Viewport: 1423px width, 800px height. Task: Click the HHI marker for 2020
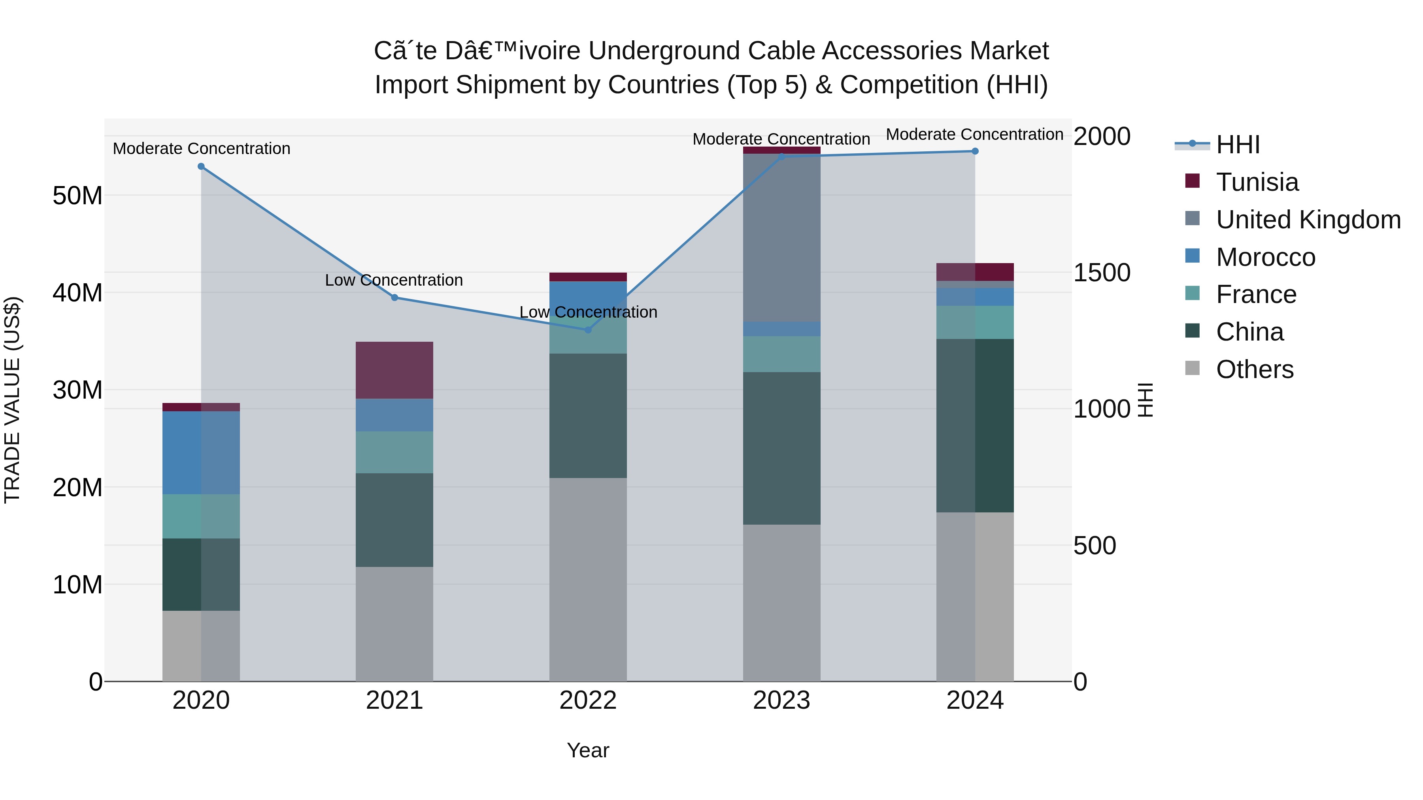201,167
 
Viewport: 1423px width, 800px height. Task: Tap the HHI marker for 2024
975,151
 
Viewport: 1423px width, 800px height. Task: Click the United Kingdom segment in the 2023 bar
781,237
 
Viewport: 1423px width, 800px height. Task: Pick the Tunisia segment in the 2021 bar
394,370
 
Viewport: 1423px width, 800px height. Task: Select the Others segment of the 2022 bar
588,580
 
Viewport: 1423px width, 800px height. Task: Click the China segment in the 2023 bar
781,448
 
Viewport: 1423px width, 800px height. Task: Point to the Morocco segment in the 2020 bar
201,453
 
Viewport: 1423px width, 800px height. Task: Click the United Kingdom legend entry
1308,220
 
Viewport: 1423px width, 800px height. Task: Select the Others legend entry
1255,369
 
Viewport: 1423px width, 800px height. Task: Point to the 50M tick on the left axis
77,196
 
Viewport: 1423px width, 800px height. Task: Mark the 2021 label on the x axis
394,700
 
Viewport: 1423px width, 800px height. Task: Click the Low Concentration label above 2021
394,280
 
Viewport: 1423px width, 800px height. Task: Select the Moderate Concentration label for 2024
974,135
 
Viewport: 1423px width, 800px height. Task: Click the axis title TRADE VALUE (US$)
12,400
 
